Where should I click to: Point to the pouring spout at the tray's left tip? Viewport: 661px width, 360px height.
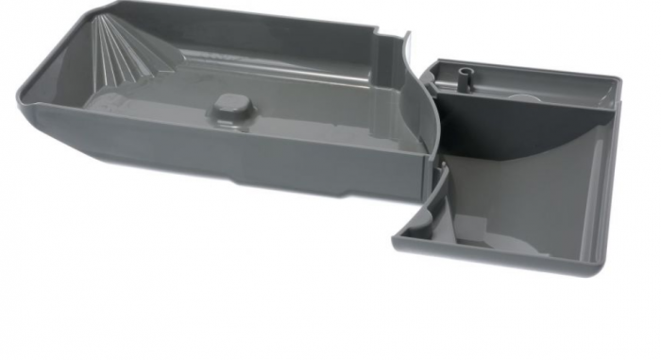[x=21, y=94]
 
